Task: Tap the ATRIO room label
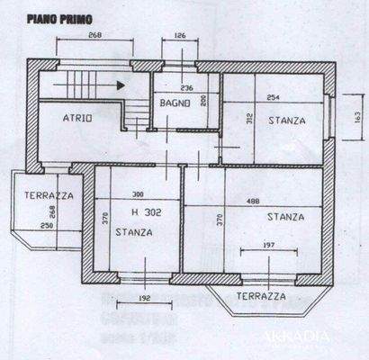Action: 78,119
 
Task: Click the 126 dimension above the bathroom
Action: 179,37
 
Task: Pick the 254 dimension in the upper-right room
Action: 273,98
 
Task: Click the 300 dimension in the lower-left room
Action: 138,195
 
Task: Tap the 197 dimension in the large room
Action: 267,246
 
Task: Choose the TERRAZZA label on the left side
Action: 49,195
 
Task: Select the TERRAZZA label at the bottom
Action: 260,295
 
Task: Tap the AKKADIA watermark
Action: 297,337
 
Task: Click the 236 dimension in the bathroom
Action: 187,88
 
